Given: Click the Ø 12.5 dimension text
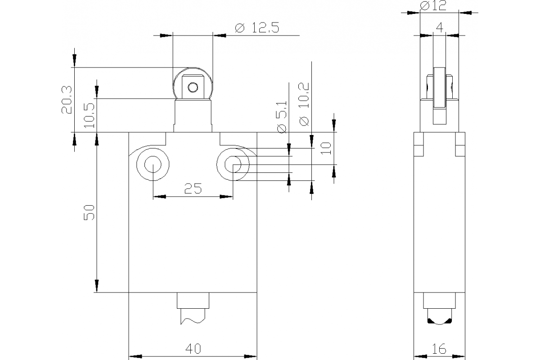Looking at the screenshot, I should coord(257,28).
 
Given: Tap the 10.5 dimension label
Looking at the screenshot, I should coord(89,115).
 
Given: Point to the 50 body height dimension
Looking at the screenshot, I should coord(90,212).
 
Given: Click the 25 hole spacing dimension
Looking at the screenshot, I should coord(193,189).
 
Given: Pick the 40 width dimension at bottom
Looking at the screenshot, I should coord(193,348).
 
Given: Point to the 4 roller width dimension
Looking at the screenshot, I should coord(440,28).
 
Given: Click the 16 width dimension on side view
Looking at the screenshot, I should coord(439,348).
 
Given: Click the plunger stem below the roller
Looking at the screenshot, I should coord(193,116).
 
